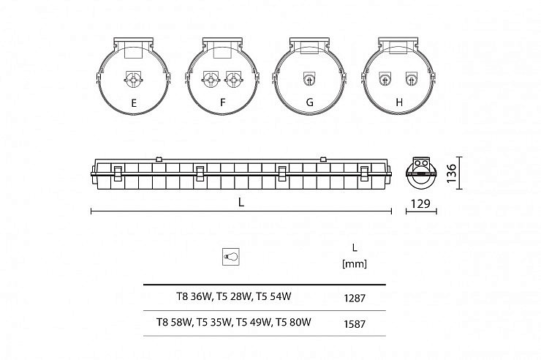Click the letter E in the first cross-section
click(x=134, y=103)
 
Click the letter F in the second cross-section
click(x=222, y=102)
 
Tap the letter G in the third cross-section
click(x=309, y=102)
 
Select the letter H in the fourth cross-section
click(x=399, y=102)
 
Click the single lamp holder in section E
click(x=133, y=80)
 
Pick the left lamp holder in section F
click(x=211, y=80)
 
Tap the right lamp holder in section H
click(x=411, y=79)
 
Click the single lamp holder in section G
click(x=309, y=79)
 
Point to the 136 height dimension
click(x=451, y=173)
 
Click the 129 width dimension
click(x=420, y=204)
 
